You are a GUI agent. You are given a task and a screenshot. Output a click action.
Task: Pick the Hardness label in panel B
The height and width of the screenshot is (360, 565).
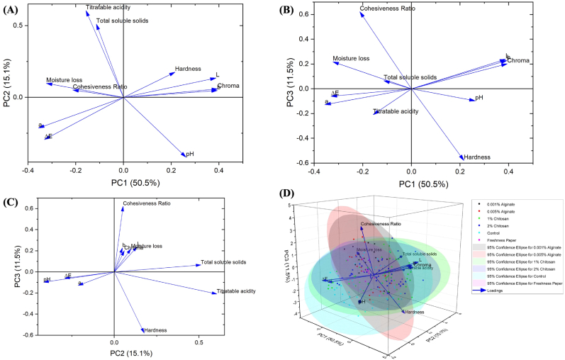click(x=477, y=157)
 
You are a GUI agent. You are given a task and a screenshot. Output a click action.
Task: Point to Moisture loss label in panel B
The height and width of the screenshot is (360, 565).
click(x=352, y=59)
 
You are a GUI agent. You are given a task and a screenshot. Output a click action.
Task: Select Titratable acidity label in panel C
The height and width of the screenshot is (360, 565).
click(x=237, y=291)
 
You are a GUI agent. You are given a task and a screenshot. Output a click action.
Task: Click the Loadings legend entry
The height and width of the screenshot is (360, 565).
click(x=505, y=291)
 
